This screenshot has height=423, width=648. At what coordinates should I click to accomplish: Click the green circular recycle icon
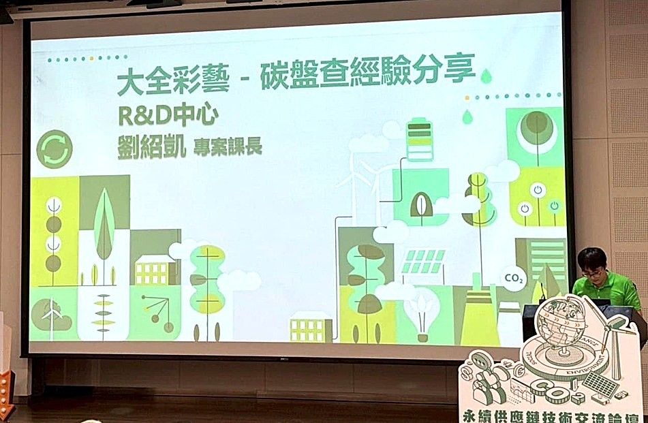pyautogui.click(x=55, y=149)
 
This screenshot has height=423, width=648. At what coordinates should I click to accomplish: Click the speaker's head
pyautogui.click(x=591, y=264)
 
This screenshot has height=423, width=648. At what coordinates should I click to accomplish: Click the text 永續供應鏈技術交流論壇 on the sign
pyautogui.click(x=551, y=413)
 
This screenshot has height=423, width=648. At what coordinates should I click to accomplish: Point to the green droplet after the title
pyautogui.click(x=486, y=76)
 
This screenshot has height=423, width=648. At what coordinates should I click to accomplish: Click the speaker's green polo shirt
pyautogui.click(x=608, y=289)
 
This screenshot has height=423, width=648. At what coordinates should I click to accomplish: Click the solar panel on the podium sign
pyautogui.click(x=600, y=386)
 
